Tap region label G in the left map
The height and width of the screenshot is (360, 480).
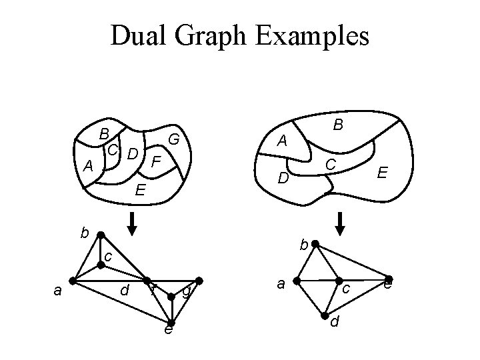(175, 140)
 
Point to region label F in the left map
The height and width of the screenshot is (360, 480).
(155, 162)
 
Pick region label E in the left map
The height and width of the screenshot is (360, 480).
(140, 191)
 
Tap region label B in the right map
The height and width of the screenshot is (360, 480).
(338, 124)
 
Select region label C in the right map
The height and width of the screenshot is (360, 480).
(330, 164)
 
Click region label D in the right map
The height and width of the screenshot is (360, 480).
(283, 178)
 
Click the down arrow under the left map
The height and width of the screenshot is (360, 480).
(132, 224)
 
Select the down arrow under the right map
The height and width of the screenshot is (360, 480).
(341, 224)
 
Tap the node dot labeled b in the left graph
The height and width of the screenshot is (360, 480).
(100, 235)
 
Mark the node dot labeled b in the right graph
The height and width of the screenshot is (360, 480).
(315, 245)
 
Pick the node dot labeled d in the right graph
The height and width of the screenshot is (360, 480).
(325, 315)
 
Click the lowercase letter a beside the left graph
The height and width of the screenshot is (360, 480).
(57, 290)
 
